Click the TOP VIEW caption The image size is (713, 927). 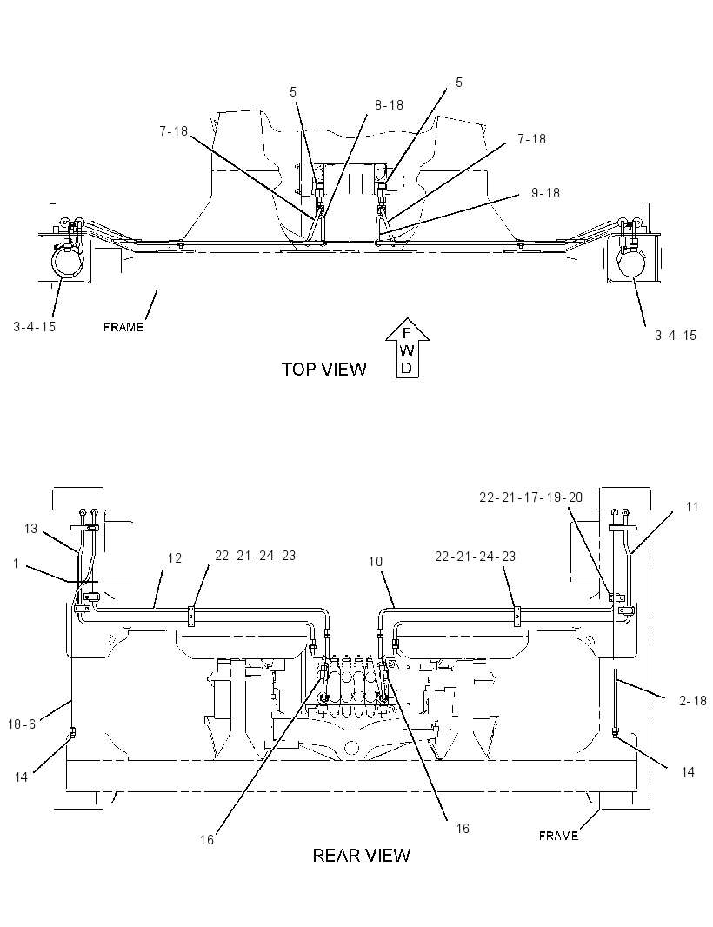pyautogui.click(x=324, y=370)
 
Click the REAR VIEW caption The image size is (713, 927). pyautogui.click(x=361, y=856)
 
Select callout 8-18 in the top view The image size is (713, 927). pyautogui.click(x=389, y=105)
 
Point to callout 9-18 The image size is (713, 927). pyautogui.click(x=545, y=193)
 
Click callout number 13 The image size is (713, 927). pyautogui.click(x=30, y=529)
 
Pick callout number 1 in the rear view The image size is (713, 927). pyautogui.click(x=16, y=564)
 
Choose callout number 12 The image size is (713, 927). pyautogui.click(x=175, y=558)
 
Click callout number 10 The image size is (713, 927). pyautogui.click(x=376, y=562)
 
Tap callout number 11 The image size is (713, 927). pyautogui.click(x=692, y=507)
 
